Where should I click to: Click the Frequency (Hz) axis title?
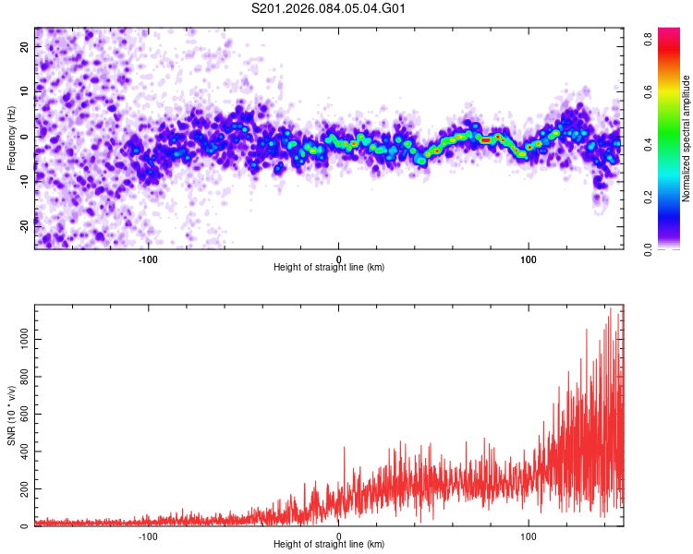pos(11,138)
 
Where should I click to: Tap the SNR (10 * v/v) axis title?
pos(11,415)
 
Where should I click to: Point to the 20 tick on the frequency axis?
pos(26,49)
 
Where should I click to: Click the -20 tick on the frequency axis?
pos(26,224)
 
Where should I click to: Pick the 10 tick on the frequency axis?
pos(26,92)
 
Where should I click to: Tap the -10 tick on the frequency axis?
pos(26,181)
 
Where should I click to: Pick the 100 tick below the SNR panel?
pos(529,535)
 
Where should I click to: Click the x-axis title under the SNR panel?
pos(330,544)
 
